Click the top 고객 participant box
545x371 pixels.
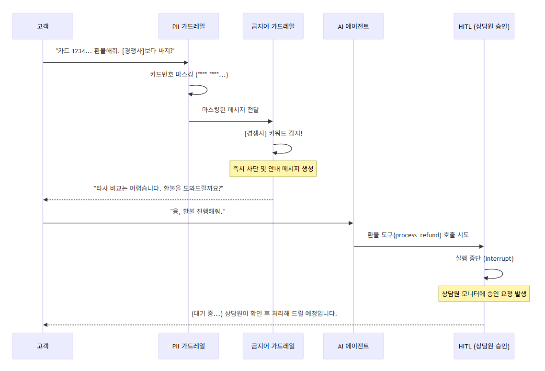click(43, 26)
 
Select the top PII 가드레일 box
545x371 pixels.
click(189, 26)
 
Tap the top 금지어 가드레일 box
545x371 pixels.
click(273, 26)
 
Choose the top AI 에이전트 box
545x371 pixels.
click(353, 26)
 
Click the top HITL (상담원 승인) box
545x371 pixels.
click(484, 26)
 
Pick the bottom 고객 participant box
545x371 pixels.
click(43, 346)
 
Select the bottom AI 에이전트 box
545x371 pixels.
click(353, 346)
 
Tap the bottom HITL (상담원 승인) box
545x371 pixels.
click(484, 346)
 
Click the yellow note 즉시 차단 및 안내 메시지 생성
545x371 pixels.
click(273, 168)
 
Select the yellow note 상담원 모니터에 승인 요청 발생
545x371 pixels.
click(484, 294)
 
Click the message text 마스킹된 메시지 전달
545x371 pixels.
click(230, 110)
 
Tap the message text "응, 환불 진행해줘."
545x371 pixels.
click(198, 211)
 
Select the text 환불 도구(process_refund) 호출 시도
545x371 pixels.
click(418, 235)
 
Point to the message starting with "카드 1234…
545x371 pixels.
click(115, 51)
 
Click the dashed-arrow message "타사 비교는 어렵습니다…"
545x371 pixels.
click(158, 188)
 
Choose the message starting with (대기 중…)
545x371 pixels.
click(264, 314)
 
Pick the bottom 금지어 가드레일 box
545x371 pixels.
click(273, 346)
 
